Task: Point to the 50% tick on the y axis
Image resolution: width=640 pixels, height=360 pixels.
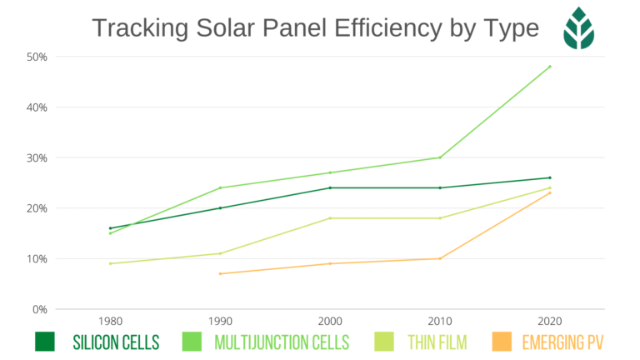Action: coord(37,57)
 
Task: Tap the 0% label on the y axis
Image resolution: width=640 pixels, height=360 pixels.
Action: coord(40,309)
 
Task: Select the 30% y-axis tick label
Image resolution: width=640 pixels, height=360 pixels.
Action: coord(37,157)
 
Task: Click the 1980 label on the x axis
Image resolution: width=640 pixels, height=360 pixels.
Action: coord(110,321)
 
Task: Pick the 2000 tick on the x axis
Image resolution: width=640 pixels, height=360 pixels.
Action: coord(330,321)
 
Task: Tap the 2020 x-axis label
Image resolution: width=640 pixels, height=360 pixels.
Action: coord(550,321)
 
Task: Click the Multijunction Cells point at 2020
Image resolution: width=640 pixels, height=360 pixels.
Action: coord(550,67)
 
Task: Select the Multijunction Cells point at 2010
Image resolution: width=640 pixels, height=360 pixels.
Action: coord(440,157)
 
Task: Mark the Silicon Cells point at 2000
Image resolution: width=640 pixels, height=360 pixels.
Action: coord(330,187)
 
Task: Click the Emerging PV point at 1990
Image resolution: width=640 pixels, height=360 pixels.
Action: coord(220,273)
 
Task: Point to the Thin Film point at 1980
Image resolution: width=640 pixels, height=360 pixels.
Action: coord(110,263)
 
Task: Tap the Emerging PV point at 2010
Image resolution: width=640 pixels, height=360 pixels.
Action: coord(440,258)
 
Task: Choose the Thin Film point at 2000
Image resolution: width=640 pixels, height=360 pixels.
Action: coord(330,217)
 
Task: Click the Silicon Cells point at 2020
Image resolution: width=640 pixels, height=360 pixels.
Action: coord(550,177)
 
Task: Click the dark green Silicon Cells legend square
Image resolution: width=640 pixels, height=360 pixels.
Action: coord(45,342)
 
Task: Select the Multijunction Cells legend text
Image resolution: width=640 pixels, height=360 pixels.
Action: coord(282,342)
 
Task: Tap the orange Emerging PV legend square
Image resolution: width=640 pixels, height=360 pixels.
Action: coord(502,342)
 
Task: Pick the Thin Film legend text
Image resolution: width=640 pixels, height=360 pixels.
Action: coord(437,342)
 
